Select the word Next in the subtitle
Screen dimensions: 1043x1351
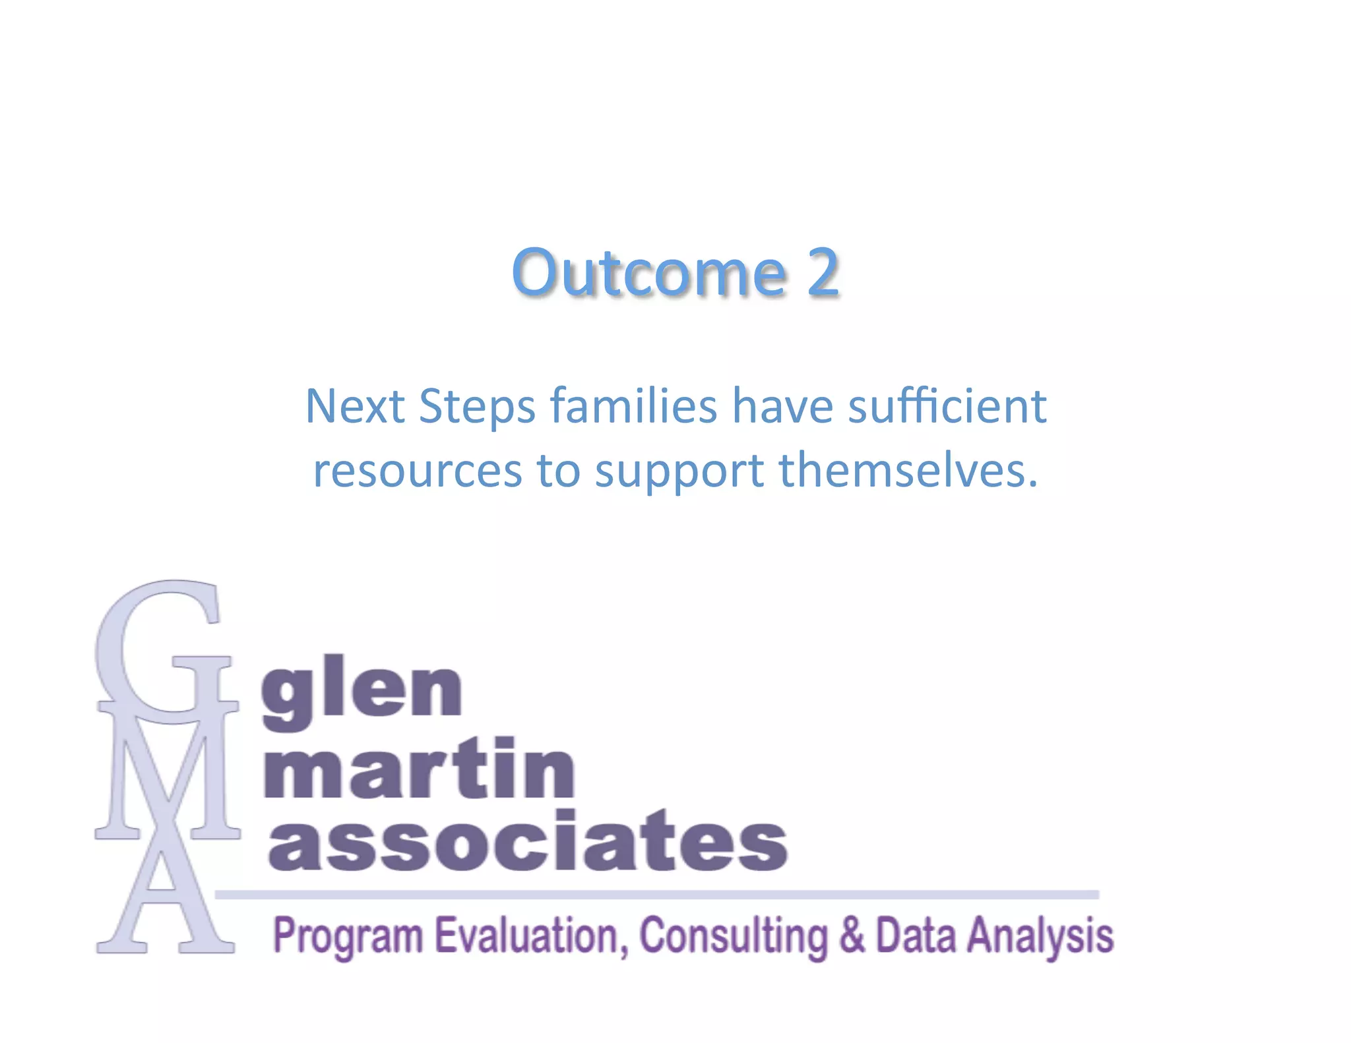[x=354, y=406]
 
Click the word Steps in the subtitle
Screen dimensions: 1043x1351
[x=477, y=407]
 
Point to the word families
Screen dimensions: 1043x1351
[x=633, y=406]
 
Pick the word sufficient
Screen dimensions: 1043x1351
[x=947, y=406]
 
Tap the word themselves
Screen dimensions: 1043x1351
[x=908, y=471]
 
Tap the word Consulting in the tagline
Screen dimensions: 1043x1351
[x=733, y=936]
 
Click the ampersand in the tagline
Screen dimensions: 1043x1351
[x=852, y=935]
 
